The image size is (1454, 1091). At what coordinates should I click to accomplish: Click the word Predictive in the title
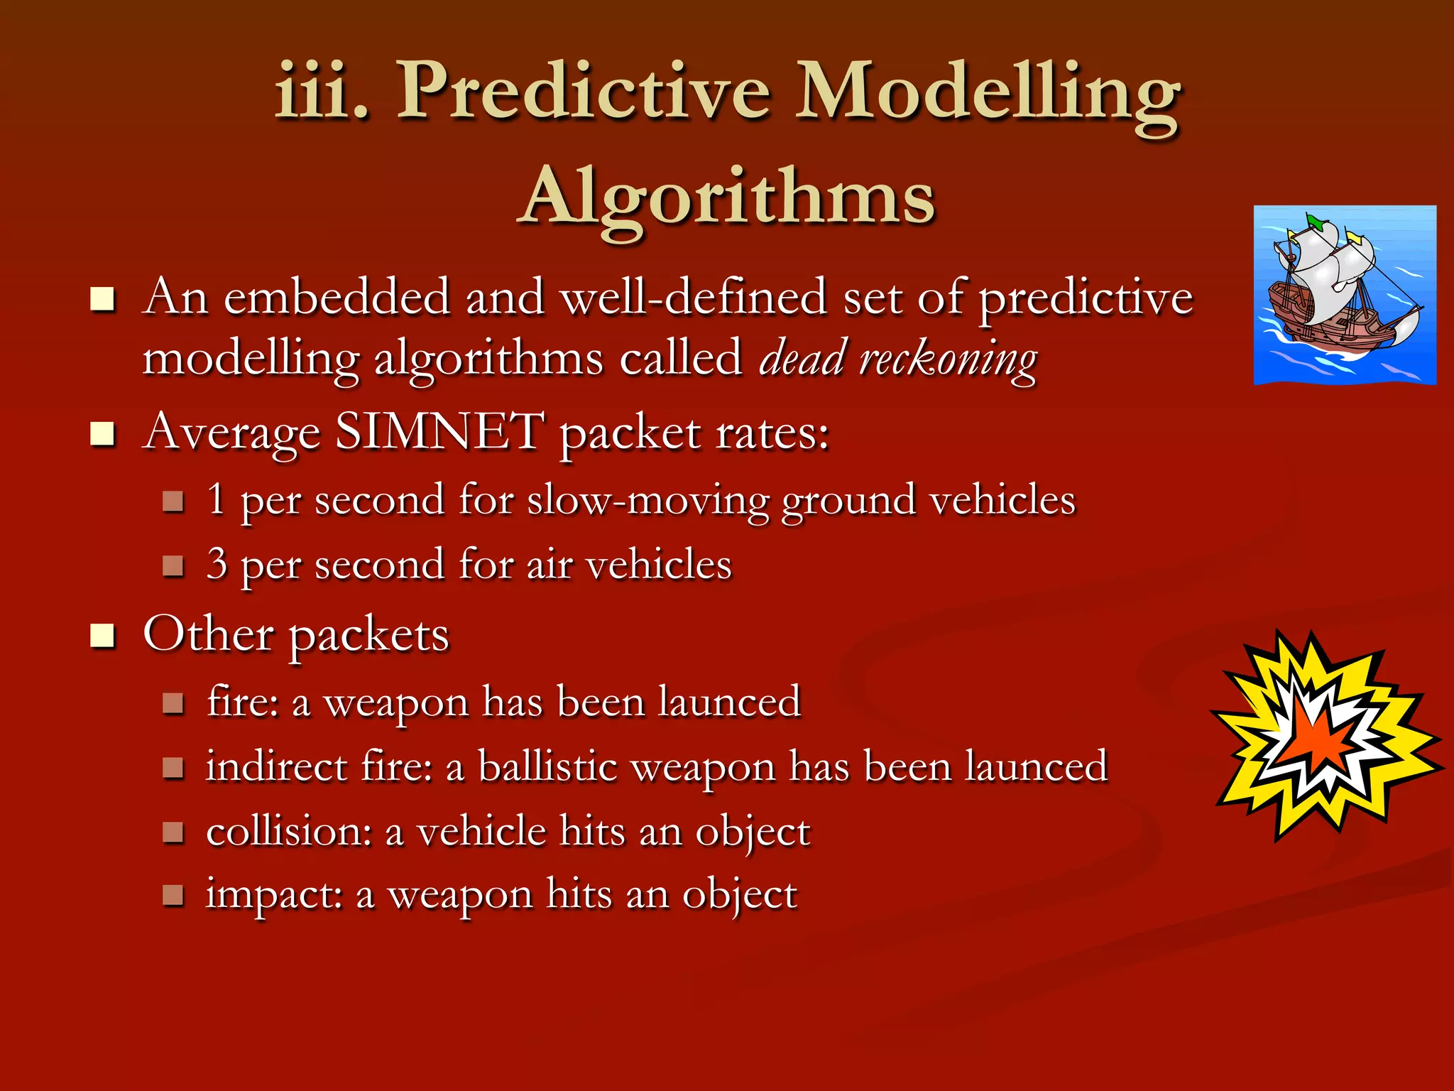tap(582, 92)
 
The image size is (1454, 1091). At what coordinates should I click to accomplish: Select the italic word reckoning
tap(948, 359)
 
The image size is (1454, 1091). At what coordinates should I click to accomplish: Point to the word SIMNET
tap(439, 431)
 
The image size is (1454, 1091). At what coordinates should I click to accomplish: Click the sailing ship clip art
tap(1344, 295)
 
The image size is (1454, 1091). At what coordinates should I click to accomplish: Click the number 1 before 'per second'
tap(217, 499)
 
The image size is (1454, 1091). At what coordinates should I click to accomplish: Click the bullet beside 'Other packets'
tap(102, 636)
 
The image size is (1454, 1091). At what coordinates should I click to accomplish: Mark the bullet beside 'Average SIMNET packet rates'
tap(102, 433)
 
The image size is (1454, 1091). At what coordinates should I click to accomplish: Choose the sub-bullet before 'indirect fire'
tap(173, 768)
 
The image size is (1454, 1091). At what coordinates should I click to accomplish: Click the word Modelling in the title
tap(987, 92)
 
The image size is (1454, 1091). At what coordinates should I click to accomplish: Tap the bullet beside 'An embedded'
tap(102, 299)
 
